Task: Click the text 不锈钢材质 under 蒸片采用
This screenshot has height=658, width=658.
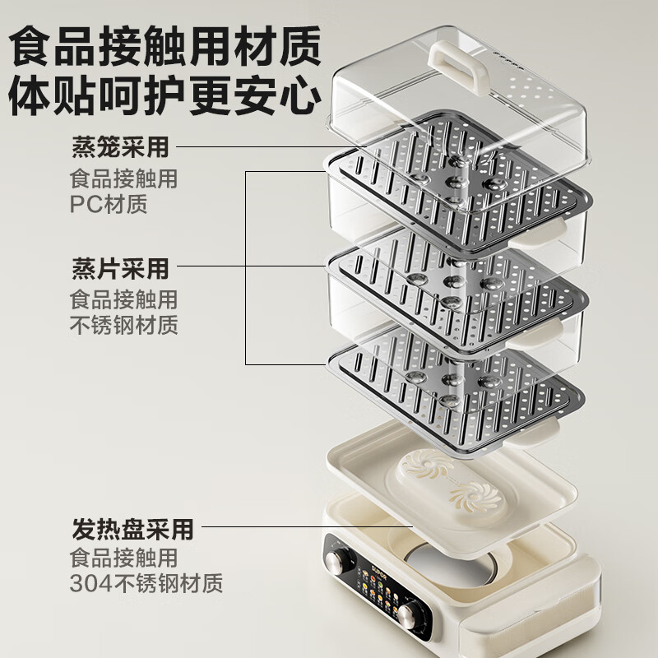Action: [x=123, y=324]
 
